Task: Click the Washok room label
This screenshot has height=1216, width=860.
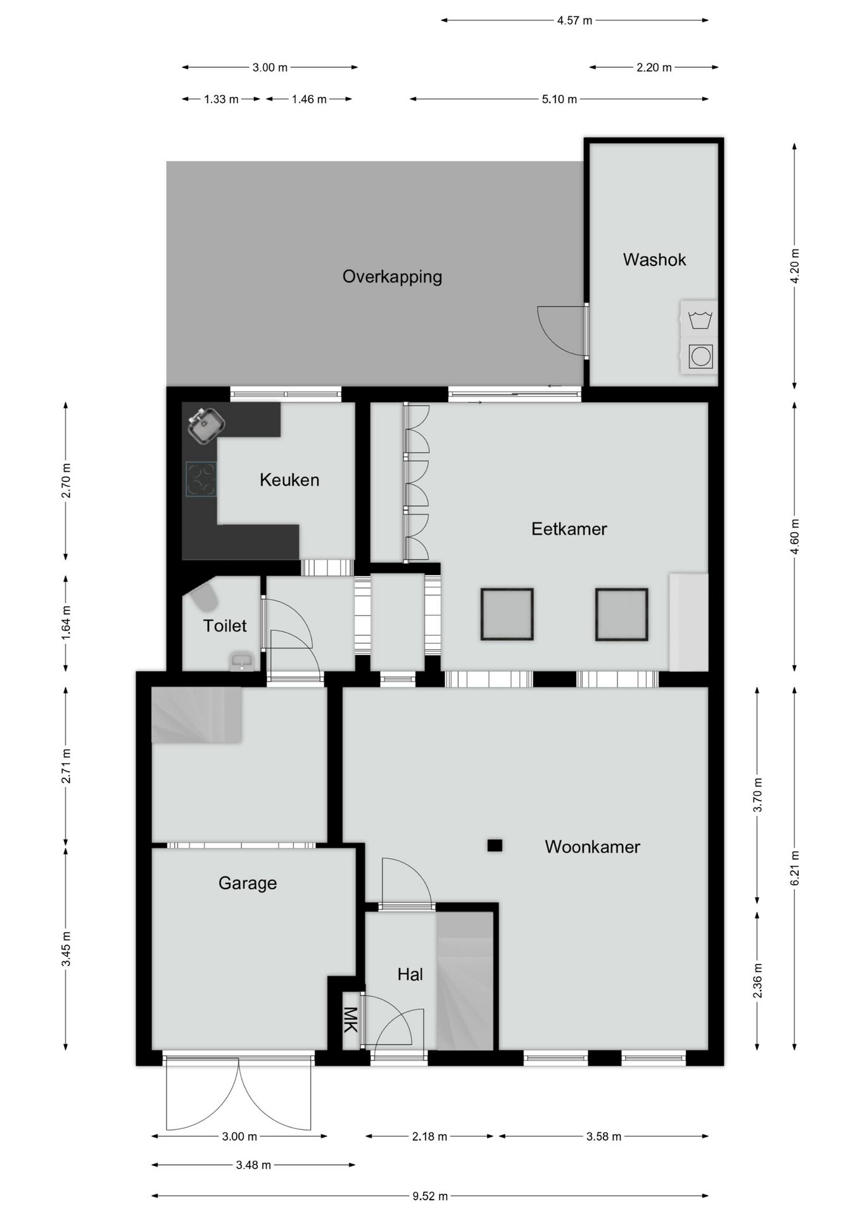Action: coord(654,260)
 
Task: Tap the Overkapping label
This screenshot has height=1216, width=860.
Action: coord(392,277)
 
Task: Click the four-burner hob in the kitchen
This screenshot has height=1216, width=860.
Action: coord(201,479)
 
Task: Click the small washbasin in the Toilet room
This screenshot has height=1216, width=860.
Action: coord(241,662)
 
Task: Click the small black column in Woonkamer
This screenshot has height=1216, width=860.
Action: coord(495,845)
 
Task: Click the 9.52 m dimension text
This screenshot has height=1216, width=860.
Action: coord(430,1196)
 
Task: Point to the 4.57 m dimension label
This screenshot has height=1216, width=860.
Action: coord(574,21)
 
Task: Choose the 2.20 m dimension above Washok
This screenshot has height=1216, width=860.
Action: coord(654,68)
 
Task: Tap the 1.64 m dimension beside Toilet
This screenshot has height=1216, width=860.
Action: coord(66,623)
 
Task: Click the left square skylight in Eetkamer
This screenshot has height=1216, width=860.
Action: coord(507,614)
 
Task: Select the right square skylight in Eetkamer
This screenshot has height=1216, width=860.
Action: coord(621,614)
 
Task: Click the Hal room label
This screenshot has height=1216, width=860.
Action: coord(410,974)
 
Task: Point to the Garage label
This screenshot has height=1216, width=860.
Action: coord(248,883)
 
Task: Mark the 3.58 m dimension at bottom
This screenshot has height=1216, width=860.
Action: coord(603,1136)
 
